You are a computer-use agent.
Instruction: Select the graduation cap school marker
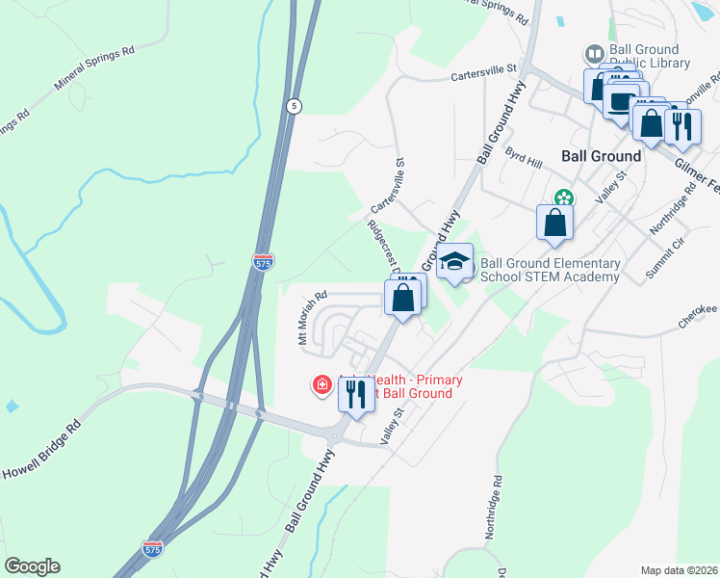(x=454, y=262)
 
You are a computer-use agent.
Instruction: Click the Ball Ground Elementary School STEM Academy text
(x=549, y=270)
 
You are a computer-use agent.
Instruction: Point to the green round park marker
(x=562, y=198)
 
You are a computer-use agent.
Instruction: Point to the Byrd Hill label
(x=524, y=156)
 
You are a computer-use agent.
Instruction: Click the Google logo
(x=32, y=566)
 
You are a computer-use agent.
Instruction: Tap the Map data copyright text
(x=678, y=569)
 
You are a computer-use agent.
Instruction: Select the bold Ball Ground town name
(x=601, y=156)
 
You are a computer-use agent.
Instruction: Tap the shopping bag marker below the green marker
(x=555, y=223)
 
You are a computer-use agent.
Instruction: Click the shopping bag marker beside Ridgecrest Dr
(x=403, y=297)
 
